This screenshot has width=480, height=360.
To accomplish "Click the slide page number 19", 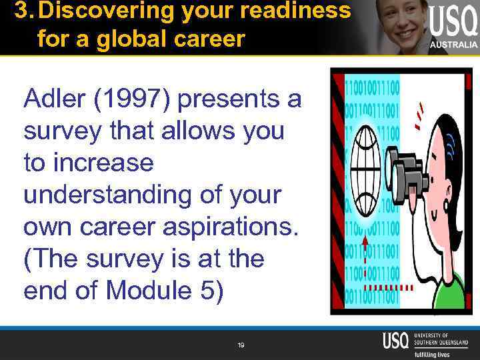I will (241, 345).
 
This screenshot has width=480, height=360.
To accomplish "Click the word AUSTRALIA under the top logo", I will (453, 45).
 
